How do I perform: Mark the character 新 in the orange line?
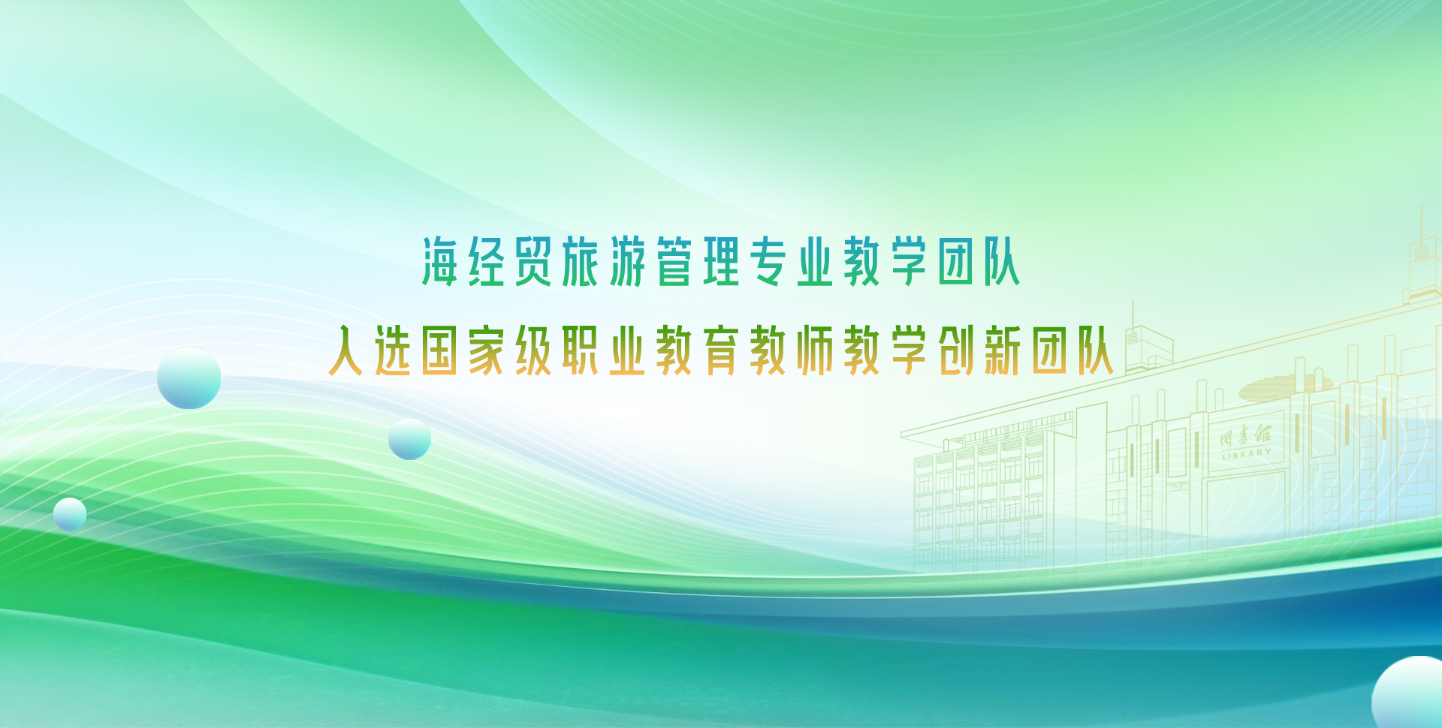(1003, 350)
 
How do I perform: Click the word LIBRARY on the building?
(1246, 454)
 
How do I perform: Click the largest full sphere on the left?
(189, 378)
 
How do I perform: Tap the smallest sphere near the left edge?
(70, 514)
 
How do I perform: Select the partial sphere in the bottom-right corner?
(1409, 693)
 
